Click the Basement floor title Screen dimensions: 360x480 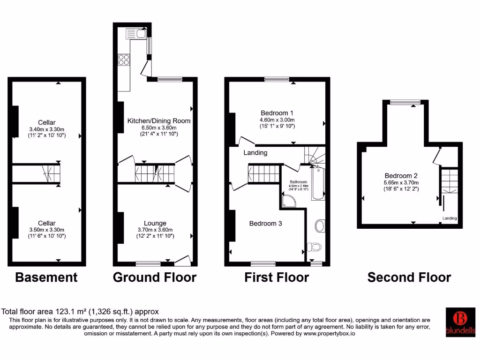46,277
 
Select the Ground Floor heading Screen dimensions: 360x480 155,277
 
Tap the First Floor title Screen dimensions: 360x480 277,277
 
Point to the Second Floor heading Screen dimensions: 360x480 409,277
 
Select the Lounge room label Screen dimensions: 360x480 155,223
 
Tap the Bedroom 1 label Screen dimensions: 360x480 277,113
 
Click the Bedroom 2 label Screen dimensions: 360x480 401,176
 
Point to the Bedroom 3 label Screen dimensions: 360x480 265,224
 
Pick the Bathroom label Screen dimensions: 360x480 298,182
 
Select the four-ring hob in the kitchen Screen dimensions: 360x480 124,60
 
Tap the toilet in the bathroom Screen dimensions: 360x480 313,247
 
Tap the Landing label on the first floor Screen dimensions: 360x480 255,153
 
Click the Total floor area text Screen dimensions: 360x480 81,311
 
